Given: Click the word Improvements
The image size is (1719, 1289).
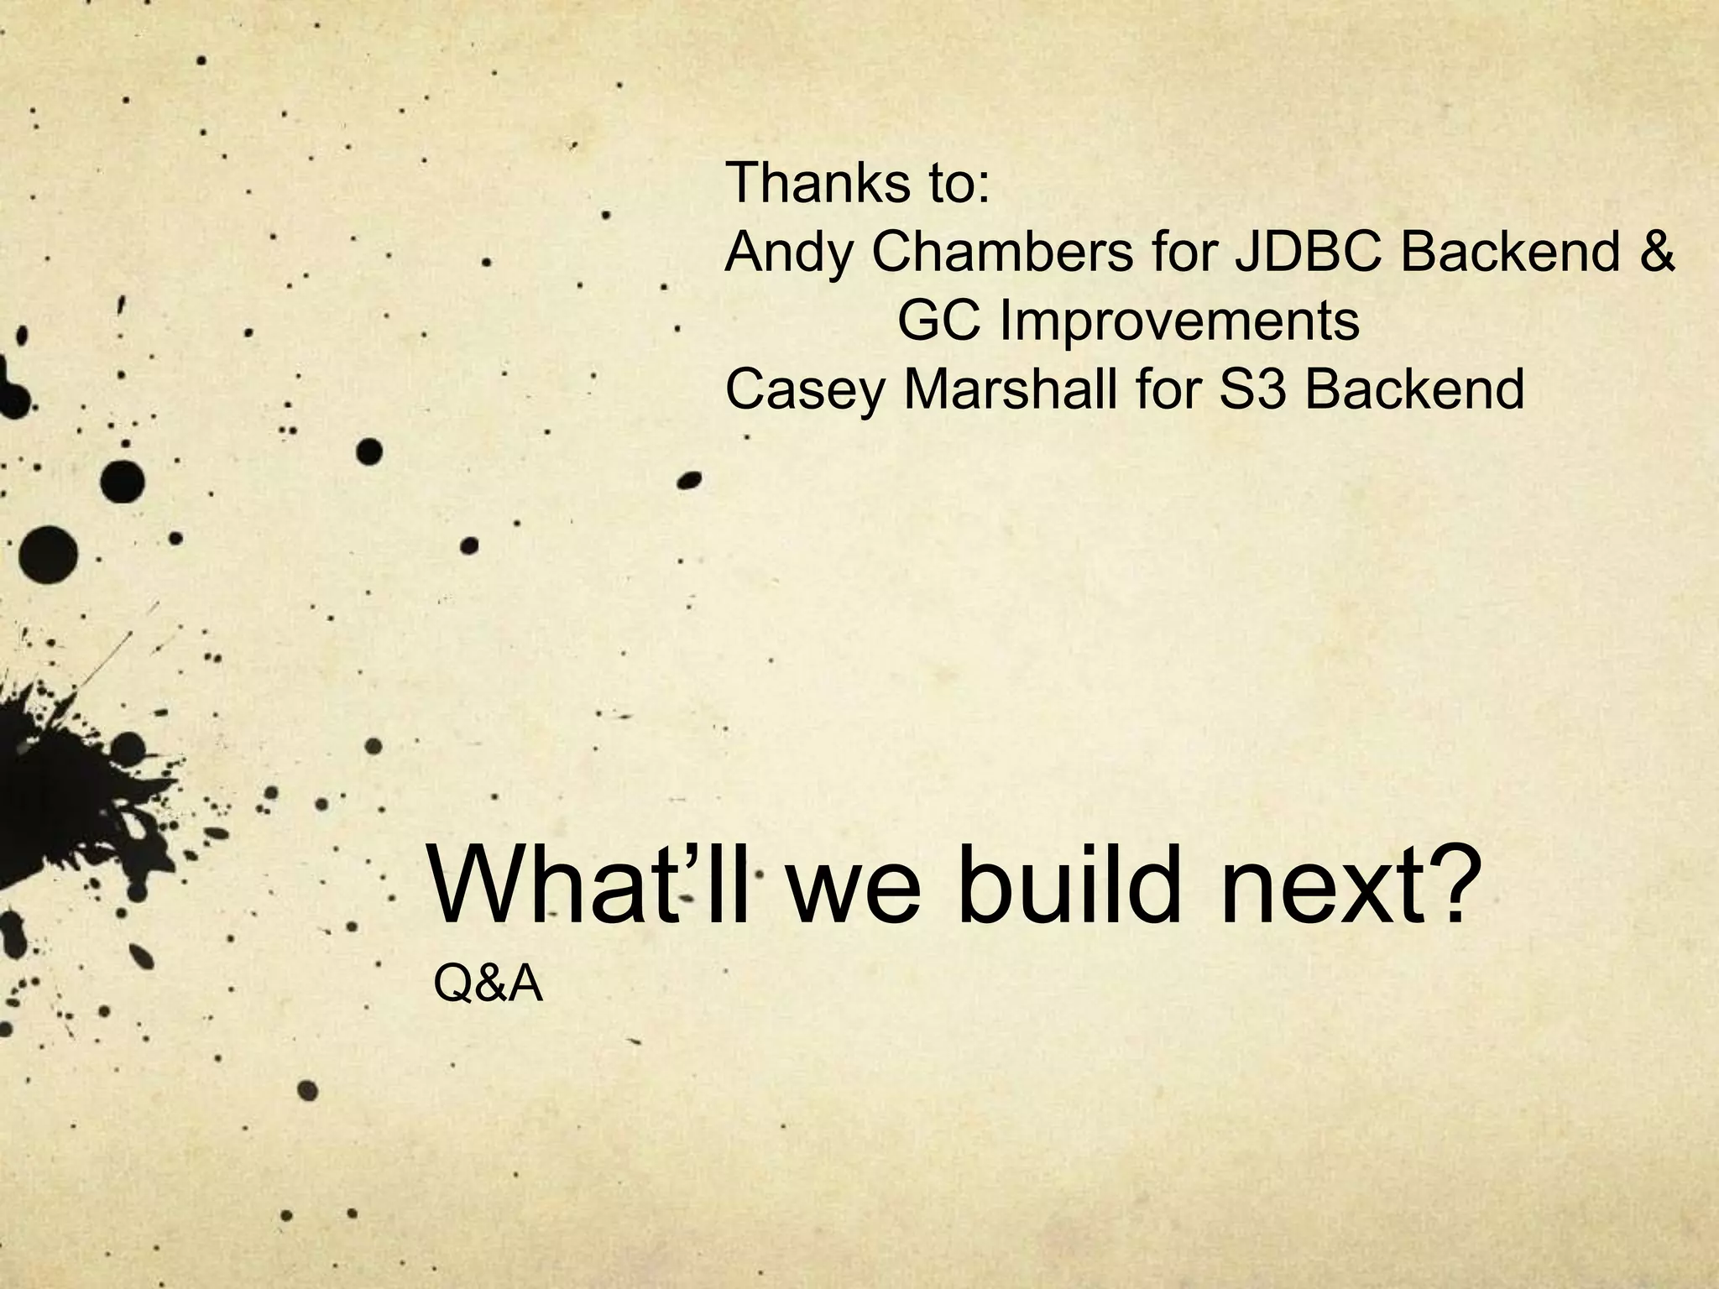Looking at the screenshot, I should [1178, 322].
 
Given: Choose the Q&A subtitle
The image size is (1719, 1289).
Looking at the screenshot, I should [488, 984].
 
